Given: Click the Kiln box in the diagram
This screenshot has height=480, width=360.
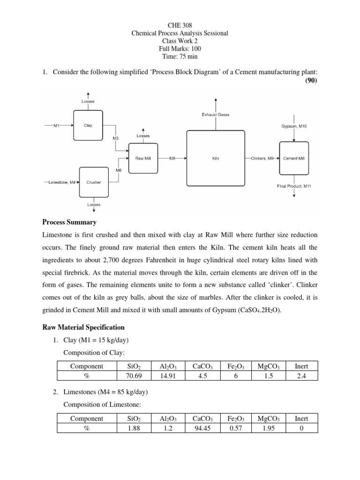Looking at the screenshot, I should [216, 158].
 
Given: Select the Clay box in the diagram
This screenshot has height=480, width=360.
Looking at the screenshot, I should [88, 125].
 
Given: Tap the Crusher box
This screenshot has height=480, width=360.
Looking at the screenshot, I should [94, 182].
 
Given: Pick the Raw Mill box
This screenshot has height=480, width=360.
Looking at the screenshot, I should [143, 158].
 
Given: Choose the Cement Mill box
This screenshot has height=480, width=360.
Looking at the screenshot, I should [294, 158].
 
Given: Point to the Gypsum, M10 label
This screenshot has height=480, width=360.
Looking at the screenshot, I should [294, 126].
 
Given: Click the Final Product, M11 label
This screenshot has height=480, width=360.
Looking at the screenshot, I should [294, 186].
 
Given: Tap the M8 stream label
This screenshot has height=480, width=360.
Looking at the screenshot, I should [172, 158].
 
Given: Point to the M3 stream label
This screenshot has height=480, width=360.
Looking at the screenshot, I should [116, 138].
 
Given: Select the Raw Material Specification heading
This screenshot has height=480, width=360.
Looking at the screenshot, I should [83, 327].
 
